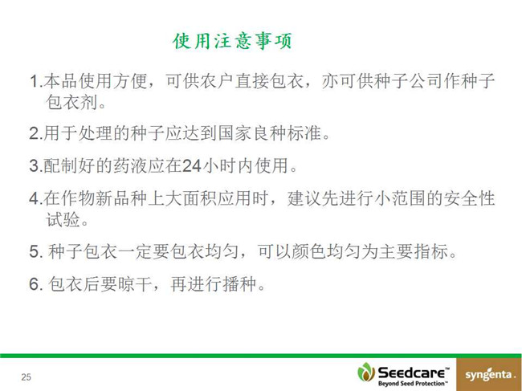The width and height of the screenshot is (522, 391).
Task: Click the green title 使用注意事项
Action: pos(232,41)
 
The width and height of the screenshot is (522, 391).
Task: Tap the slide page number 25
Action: pos(26,377)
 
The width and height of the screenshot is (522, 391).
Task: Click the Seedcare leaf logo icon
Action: pos(366,372)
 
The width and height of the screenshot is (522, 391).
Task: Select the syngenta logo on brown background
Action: pos(489,375)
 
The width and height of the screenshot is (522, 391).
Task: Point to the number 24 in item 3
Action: pos(192,165)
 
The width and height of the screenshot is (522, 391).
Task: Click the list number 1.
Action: pos(34,81)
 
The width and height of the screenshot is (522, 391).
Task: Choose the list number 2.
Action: pos(35,133)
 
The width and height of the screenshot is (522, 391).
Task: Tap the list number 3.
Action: pos(35,165)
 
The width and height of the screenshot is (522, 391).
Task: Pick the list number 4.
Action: pos(35,198)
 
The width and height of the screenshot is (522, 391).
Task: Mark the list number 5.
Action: pos(35,251)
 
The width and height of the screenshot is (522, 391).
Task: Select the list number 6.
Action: pos(35,284)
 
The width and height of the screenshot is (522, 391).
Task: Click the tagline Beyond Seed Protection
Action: pos(413,383)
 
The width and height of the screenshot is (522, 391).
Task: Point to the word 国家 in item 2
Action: pos(235,132)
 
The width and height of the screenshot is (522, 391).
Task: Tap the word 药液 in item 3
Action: pos(131,165)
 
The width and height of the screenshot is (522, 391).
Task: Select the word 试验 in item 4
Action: pos(63,219)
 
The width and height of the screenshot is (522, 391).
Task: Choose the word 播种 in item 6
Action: pos(239,284)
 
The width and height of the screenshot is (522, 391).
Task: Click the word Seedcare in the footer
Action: pos(413,373)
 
